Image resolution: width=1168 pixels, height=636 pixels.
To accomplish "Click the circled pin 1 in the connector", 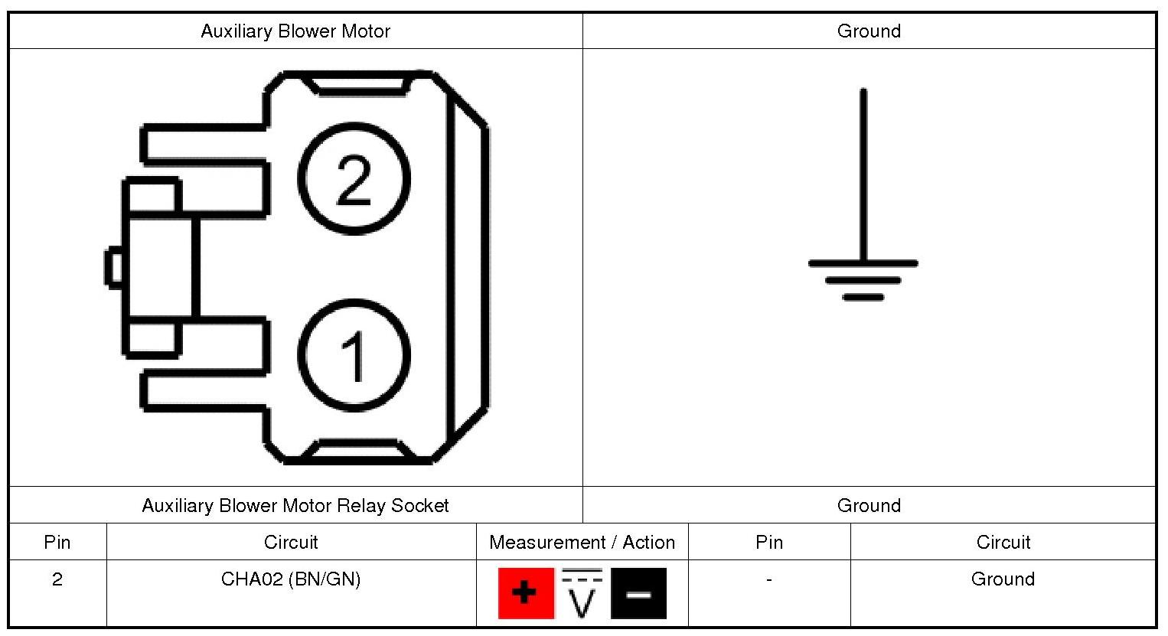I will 354,354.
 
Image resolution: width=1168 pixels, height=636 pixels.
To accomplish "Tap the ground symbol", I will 863,264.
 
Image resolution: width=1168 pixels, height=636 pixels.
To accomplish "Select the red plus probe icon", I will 525,593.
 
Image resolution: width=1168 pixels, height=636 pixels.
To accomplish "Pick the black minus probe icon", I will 638,593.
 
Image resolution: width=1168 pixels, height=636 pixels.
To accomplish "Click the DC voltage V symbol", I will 582,594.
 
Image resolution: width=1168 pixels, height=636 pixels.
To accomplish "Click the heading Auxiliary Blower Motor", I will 295,31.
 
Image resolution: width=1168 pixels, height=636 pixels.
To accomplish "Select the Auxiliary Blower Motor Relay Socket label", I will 295,506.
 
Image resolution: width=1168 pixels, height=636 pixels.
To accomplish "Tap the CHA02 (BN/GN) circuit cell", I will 291,579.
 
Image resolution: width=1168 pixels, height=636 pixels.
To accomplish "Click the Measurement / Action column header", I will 582,543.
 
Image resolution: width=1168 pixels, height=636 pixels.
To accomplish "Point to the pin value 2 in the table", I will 57,579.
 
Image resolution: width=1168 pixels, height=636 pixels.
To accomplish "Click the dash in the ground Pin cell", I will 768,579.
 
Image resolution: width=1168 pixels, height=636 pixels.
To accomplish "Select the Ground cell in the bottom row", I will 1003,579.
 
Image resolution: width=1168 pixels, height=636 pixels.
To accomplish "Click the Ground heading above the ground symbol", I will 869,31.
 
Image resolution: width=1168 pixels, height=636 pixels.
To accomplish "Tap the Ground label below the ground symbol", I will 869,506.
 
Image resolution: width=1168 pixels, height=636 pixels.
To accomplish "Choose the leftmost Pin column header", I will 57,543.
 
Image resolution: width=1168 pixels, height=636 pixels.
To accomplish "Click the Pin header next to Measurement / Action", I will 768,543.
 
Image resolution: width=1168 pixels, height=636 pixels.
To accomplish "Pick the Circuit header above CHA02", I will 291,543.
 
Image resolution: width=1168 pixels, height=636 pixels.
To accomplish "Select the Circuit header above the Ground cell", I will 1003,543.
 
